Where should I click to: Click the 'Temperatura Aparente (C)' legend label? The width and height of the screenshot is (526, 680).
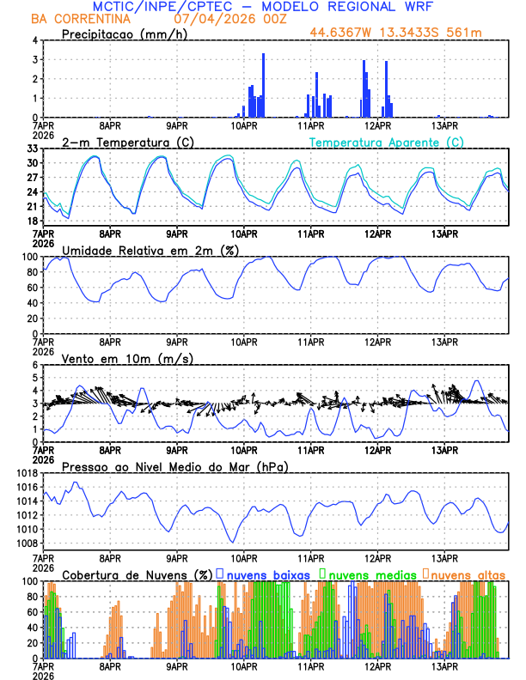coord(387,142)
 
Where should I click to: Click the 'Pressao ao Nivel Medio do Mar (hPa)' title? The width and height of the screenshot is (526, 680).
coord(174,466)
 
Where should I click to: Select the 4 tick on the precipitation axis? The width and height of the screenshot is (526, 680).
coord(34,40)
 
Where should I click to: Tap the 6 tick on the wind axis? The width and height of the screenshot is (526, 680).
coord(34,365)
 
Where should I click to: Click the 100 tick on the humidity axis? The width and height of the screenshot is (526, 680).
coord(29,257)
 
